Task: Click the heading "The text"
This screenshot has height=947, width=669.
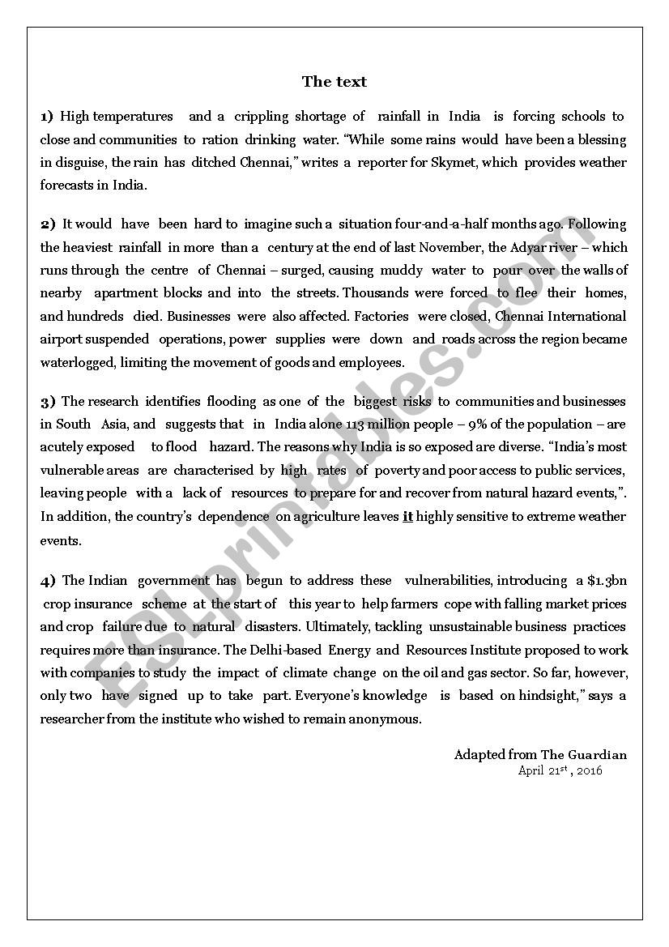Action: (334, 82)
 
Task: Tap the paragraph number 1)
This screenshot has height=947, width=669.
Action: (47, 117)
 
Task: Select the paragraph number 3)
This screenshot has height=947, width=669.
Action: (48, 401)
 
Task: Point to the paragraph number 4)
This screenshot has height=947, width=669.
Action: (48, 580)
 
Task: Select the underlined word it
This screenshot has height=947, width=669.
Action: (407, 517)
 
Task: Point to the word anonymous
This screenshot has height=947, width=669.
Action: (381, 719)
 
